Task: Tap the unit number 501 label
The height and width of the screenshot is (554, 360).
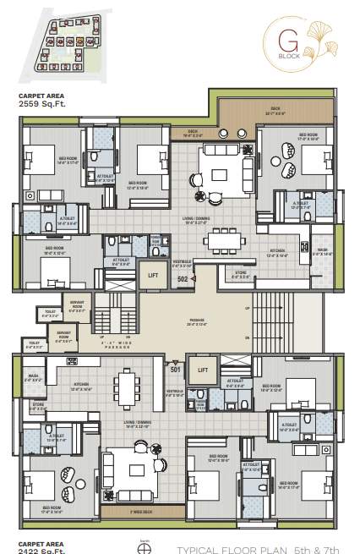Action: point(176,369)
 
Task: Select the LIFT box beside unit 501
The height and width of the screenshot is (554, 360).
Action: point(203,370)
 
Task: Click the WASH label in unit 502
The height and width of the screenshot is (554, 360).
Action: point(323,250)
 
